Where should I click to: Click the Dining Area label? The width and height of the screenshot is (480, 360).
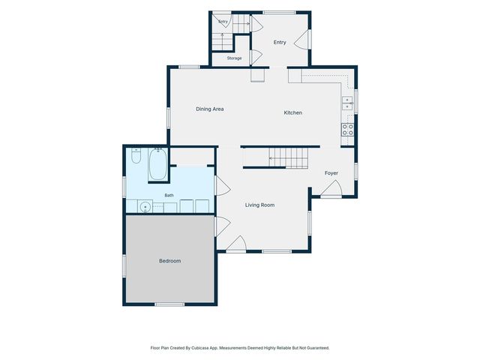[x=210, y=109]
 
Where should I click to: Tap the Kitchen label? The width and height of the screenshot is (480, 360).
[x=293, y=112]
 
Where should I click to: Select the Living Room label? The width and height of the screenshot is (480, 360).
[x=259, y=205]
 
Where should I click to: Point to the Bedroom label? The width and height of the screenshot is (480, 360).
[x=170, y=261]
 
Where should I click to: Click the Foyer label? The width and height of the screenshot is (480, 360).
[x=331, y=173]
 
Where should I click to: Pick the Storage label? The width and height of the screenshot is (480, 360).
[x=234, y=58]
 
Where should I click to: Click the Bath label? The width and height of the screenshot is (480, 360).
[x=169, y=195]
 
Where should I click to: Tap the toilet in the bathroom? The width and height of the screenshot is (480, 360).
[x=136, y=156]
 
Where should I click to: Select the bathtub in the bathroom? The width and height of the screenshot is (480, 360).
[x=157, y=164]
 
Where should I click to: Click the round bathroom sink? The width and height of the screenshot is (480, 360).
[x=145, y=207]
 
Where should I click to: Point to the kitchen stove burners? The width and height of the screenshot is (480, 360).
[x=348, y=130]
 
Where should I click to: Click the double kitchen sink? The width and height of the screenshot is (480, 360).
[x=347, y=103]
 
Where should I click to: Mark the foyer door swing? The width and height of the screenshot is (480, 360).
[x=331, y=187]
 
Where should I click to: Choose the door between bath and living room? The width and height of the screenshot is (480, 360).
[x=223, y=185]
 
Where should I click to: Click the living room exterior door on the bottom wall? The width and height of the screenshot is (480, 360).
[x=236, y=244]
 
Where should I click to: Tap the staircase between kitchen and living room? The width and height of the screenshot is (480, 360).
[x=288, y=158]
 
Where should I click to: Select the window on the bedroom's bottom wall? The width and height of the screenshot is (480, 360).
[x=169, y=304]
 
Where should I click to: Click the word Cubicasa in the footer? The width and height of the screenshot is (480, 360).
[x=200, y=348]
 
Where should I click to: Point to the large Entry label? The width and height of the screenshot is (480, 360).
[x=280, y=42]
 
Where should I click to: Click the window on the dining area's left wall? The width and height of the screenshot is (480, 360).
[x=168, y=118]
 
